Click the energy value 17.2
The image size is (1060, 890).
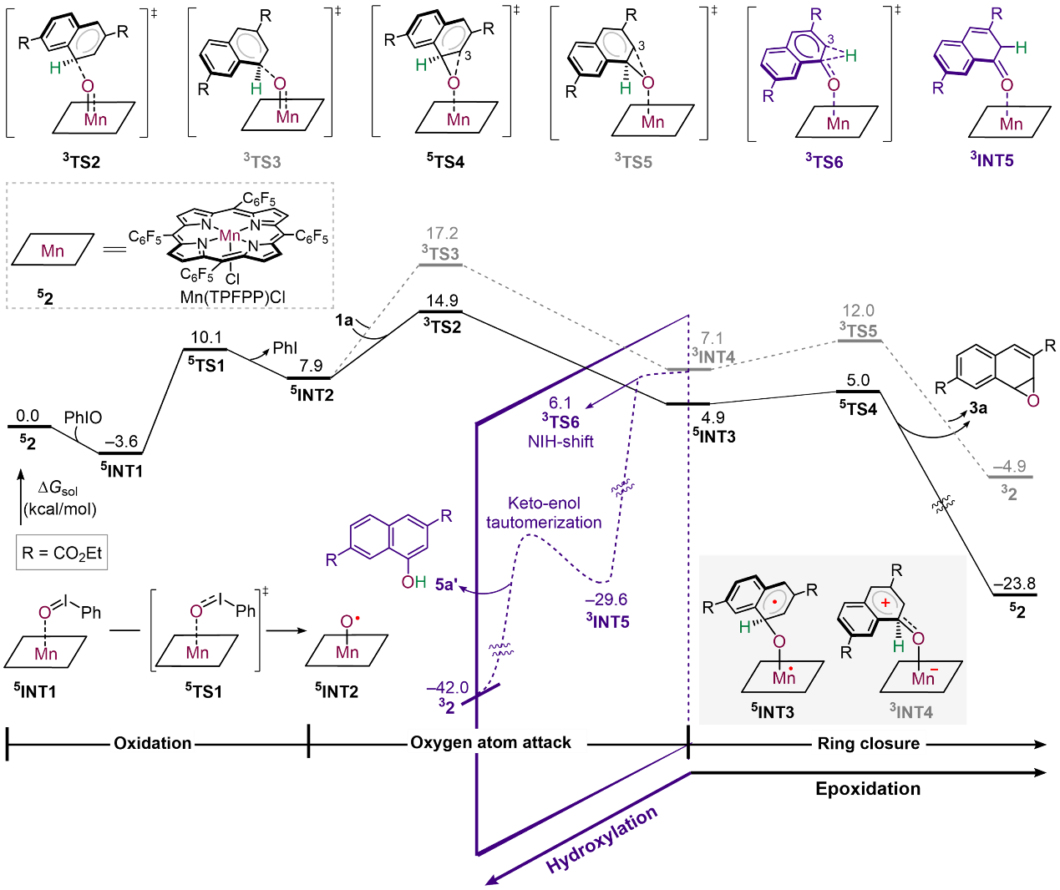442,234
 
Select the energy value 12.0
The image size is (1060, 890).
858,311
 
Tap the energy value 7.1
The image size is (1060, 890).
712,338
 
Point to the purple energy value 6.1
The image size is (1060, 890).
560,403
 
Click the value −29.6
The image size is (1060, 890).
606,599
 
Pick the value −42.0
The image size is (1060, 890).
448,688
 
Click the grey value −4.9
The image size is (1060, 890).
1010,467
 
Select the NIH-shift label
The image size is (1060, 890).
560,442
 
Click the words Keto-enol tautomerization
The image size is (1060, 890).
544,513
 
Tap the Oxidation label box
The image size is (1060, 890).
153,743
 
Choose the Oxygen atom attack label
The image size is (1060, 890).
491,742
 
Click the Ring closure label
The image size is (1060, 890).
868,743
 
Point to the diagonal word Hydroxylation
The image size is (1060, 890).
602,840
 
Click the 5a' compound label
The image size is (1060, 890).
446,584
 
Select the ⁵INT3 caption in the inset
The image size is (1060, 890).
773,711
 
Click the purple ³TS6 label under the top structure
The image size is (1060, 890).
824,161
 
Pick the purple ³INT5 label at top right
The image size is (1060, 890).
992,159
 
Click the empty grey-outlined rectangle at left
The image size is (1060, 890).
62,552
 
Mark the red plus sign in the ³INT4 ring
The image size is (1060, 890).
885,602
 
